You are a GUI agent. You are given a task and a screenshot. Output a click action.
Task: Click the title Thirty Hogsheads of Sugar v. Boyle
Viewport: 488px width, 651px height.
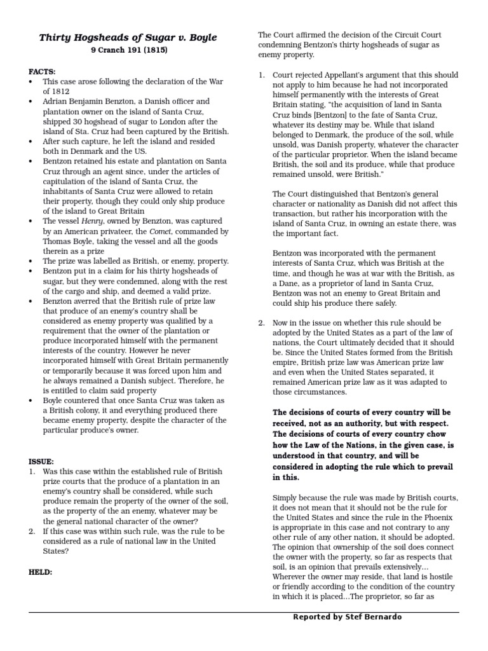128,38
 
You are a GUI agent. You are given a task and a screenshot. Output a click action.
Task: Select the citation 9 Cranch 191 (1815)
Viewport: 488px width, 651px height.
128,50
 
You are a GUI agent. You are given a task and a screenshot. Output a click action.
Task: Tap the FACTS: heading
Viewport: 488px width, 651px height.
42,72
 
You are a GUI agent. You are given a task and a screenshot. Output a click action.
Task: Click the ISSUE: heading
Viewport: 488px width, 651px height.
41,461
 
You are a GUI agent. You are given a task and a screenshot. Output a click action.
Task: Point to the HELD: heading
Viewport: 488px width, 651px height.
41,572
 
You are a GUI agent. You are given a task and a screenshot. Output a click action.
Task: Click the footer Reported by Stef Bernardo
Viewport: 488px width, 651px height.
347,617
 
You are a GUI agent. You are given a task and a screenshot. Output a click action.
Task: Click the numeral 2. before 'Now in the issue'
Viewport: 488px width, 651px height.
261,323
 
